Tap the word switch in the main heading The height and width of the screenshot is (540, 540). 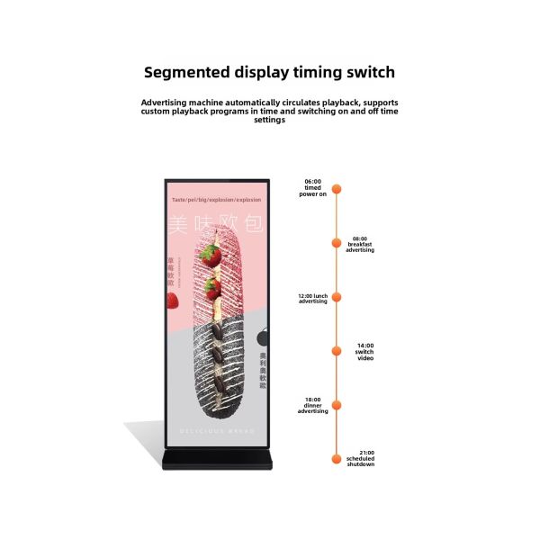pyautogui.click(x=365, y=72)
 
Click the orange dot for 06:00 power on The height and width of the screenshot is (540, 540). pyautogui.click(x=337, y=189)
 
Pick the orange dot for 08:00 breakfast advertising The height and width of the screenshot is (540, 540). pyautogui.click(x=337, y=242)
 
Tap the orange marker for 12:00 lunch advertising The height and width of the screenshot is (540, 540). pyautogui.click(x=337, y=296)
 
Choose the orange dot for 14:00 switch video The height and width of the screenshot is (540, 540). pyautogui.click(x=337, y=350)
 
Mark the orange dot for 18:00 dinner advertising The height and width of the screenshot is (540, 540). pyautogui.click(x=337, y=404)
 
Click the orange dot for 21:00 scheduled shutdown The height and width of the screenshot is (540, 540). pyautogui.click(x=337, y=458)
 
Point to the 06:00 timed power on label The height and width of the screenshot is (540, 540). pyautogui.click(x=312, y=187)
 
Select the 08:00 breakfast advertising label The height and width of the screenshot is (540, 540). pyautogui.click(x=360, y=245)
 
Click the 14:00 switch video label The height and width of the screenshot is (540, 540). pyautogui.click(x=364, y=351)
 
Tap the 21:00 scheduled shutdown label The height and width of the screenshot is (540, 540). pyautogui.click(x=360, y=459)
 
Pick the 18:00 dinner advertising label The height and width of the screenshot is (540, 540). pyautogui.click(x=312, y=405)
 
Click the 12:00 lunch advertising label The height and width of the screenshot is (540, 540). pyautogui.click(x=311, y=298)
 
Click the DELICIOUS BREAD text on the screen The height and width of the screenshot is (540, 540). pyautogui.click(x=217, y=431)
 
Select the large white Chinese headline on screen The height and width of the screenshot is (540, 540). pyautogui.click(x=216, y=225)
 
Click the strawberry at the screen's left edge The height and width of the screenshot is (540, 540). pyautogui.click(x=171, y=300)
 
